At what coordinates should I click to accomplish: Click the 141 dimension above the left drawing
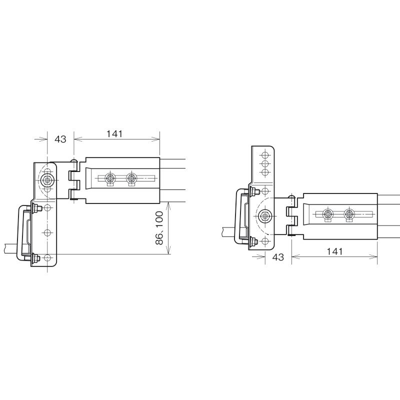pyautogui.click(x=114, y=134)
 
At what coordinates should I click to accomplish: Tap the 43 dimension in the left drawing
pyautogui.click(x=60, y=139)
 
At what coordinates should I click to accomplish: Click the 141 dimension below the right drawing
pyautogui.click(x=334, y=252)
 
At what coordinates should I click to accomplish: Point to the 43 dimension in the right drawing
pyautogui.click(x=278, y=257)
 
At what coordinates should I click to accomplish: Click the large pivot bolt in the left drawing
pyautogui.click(x=47, y=180)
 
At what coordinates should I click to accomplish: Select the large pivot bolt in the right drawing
pyautogui.click(x=265, y=216)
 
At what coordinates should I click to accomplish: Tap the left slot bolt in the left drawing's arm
pyautogui.click(x=110, y=178)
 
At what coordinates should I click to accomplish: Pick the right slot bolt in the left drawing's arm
pyautogui.click(x=131, y=178)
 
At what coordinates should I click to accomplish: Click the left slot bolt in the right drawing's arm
pyautogui.click(x=327, y=214)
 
